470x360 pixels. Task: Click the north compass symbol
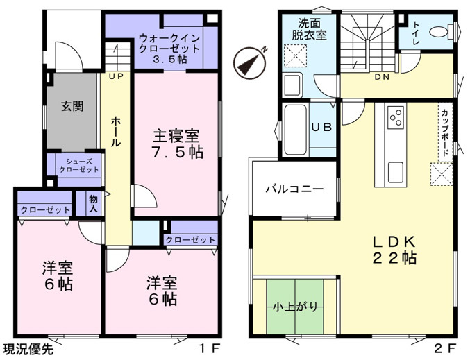click(x=250, y=62)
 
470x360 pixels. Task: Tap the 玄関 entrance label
click(x=72, y=106)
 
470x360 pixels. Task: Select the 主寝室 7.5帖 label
click(x=177, y=144)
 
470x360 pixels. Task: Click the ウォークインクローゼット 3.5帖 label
click(x=169, y=49)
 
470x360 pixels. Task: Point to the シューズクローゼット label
click(x=79, y=166)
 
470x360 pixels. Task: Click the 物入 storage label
click(x=93, y=204)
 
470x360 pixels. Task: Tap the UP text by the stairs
click(x=116, y=77)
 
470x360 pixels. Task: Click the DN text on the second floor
click(x=382, y=77)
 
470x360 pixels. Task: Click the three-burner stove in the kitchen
click(x=395, y=117)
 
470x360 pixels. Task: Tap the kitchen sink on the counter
click(x=395, y=172)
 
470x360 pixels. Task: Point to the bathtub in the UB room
click(x=295, y=130)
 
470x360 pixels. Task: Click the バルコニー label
click(x=294, y=189)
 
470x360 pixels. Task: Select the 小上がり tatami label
click(x=296, y=307)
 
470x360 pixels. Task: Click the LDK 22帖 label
click(x=394, y=250)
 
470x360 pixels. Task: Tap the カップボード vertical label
click(x=445, y=132)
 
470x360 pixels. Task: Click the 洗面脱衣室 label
click(x=309, y=29)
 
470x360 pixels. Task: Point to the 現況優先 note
click(x=28, y=349)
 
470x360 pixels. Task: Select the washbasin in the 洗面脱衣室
click(x=293, y=85)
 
